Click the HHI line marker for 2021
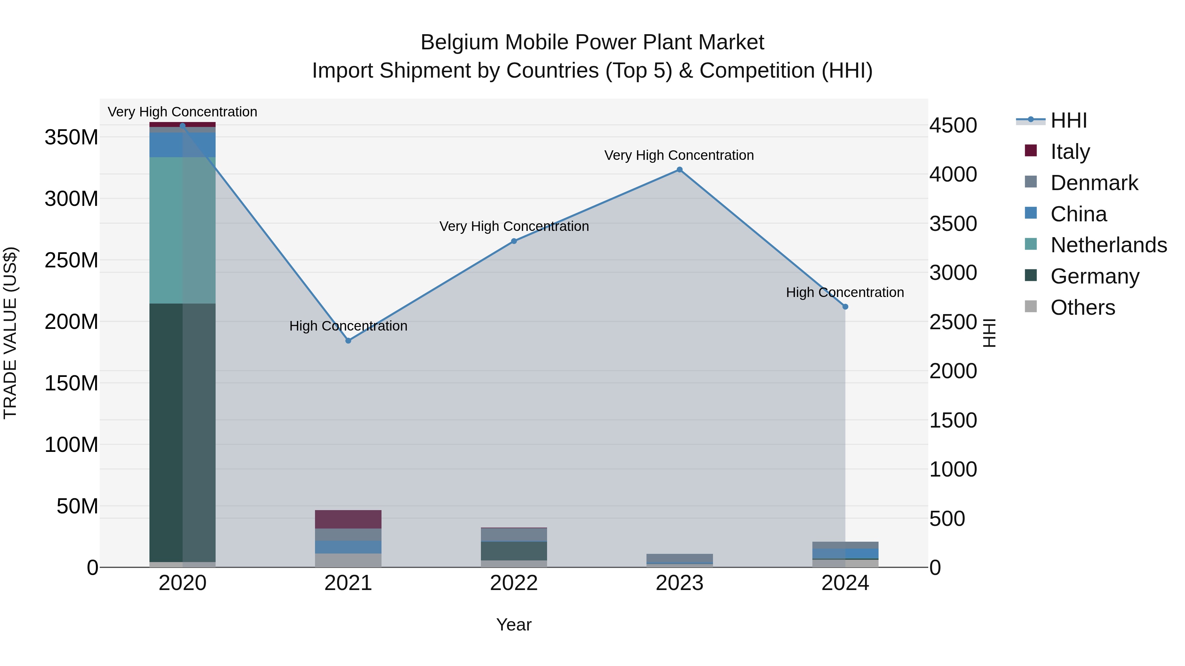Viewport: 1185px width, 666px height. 348,341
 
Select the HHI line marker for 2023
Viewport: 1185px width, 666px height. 679,170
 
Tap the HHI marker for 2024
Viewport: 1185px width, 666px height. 845,307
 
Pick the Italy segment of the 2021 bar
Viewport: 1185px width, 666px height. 348,519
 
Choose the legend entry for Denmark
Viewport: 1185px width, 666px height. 1094,183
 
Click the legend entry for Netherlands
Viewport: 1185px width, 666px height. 1108,245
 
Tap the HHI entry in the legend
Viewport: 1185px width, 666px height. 1068,120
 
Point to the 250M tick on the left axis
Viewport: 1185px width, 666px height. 71,260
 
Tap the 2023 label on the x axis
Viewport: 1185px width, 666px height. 679,583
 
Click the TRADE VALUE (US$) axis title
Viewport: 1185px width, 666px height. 10,333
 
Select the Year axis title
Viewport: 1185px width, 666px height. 514,625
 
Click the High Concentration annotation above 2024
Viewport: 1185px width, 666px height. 845,292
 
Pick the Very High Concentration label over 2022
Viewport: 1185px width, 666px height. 514,226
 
